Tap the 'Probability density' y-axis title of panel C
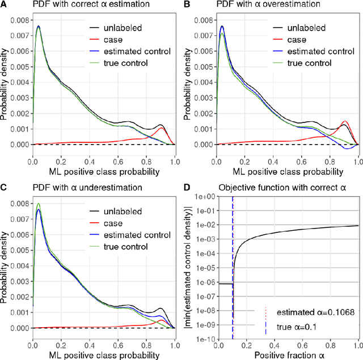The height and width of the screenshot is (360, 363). [5, 264]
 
